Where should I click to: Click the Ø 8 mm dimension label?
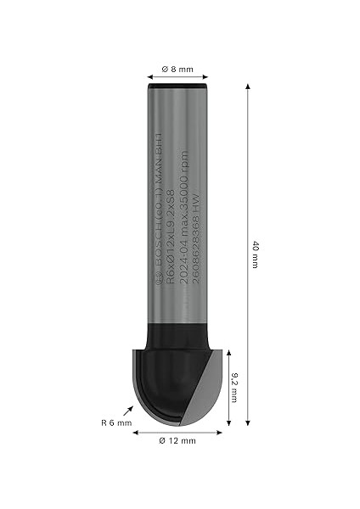point(177,69)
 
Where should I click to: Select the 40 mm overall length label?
point(255,255)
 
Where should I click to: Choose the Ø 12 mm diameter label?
point(178,440)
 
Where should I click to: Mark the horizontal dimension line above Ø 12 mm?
point(178,430)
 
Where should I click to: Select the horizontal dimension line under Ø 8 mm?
point(177,77)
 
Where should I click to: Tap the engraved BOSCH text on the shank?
point(157,246)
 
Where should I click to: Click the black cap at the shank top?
point(177,86)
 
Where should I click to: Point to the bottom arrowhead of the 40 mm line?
point(247,422)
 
